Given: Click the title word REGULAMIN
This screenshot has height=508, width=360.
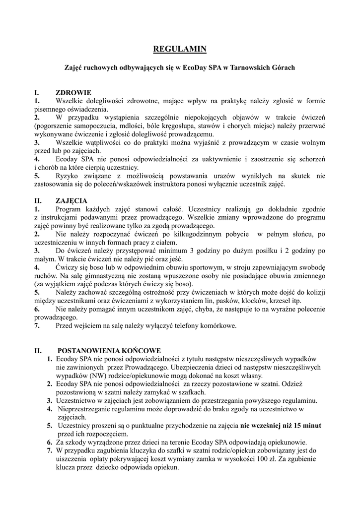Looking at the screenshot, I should (179, 49).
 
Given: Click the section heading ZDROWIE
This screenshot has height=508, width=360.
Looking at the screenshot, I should (73, 93).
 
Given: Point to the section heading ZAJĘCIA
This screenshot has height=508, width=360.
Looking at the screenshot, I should (72, 201).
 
